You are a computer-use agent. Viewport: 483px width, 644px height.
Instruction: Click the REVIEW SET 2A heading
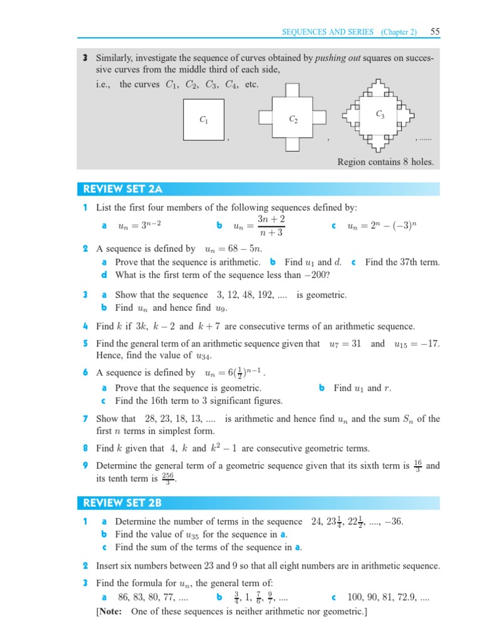pos(118,189)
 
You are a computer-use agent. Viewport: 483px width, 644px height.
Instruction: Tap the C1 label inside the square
pos(203,119)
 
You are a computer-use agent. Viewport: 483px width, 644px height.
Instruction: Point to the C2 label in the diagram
pos(293,119)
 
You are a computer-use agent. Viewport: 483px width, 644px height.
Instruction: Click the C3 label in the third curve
pos(380,114)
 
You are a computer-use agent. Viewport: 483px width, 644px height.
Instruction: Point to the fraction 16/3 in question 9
pos(418,466)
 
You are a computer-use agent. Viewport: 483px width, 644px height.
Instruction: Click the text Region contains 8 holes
pos(386,162)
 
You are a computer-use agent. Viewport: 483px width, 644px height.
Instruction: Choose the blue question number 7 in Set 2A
pos(85,419)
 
